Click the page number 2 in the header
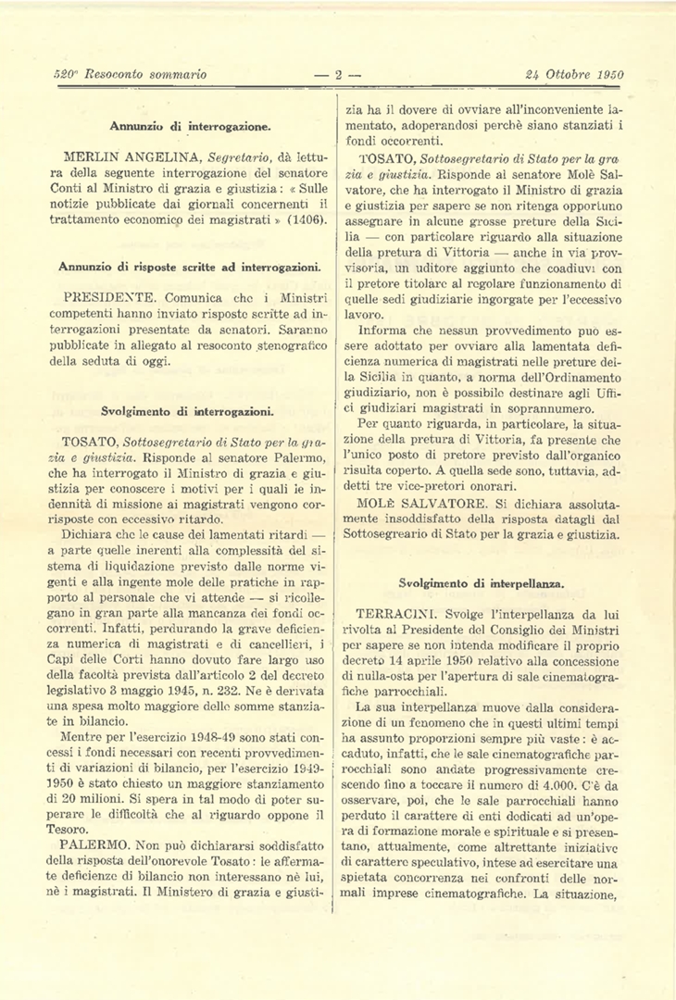tap(338, 75)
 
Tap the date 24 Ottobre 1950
tap(574, 75)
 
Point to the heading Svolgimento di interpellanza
tap(482, 583)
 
